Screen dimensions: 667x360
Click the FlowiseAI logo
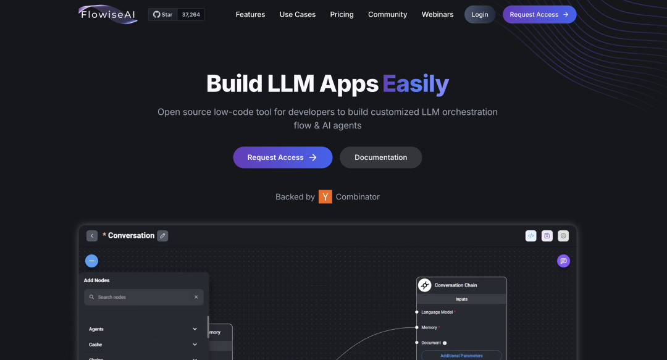[x=107, y=14]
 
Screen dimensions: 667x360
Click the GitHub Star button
[x=163, y=14]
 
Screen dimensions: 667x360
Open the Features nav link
[x=250, y=14]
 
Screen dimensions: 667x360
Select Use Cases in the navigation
[x=297, y=14]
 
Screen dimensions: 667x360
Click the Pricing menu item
[x=342, y=14]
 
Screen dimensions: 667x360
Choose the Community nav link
[x=387, y=14]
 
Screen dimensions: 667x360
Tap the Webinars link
[x=437, y=14]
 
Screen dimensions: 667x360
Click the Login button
[x=479, y=14]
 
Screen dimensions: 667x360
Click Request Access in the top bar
[x=539, y=14]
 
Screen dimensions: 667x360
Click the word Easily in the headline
[x=415, y=84]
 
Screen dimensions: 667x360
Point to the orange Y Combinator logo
[x=325, y=197]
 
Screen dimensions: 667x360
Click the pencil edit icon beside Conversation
[x=162, y=235]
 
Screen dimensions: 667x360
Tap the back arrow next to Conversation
[x=92, y=235]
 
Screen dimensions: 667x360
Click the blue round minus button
[x=91, y=261]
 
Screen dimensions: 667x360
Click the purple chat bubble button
[x=563, y=261]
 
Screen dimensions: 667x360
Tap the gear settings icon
[x=563, y=235]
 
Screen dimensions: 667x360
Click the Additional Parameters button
[x=461, y=356]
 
